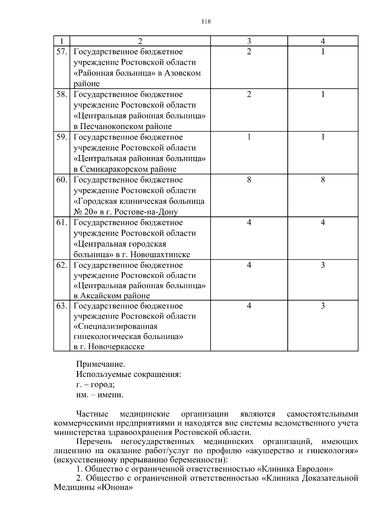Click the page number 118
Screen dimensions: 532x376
[x=206, y=22]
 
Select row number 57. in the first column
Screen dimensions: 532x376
[x=62, y=52]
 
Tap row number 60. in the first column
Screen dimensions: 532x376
[x=62, y=180]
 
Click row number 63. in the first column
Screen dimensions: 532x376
[x=62, y=306]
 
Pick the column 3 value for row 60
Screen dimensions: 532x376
[x=249, y=180]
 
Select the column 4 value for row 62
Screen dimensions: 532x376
[x=323, y=265]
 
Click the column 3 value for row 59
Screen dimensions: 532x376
[x=249, y=137]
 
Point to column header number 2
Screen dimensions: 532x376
[x=140, y=41]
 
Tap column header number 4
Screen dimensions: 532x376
[x=323, y=41]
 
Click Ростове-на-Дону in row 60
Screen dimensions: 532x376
[x=146, y=212]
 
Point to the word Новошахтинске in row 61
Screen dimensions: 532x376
[x=160, y=254]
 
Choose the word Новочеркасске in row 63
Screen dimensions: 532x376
[x=116, y=347]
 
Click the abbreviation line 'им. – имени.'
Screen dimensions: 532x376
[x=100, y=395]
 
